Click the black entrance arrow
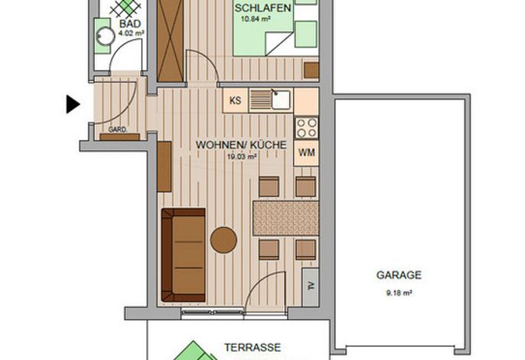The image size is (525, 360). pos(73,104)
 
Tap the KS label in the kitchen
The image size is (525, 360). pos(235,100)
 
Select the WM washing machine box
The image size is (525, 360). pos(306,153)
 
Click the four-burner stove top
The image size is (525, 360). pos(306,128)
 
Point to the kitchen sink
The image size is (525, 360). pos(281,100)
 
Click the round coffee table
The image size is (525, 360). pos(223,240)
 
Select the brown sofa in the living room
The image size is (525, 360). pos(183,255)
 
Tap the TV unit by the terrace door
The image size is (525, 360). pos(311,286)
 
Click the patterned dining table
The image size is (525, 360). pos(285,218)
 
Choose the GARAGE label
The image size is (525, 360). pos(399,275)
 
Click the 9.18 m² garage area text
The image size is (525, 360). pos(399,293)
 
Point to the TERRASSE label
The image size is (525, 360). pos(253,347)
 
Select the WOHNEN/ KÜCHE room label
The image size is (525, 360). pos(241,145)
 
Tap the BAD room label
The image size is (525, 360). pos(130,24)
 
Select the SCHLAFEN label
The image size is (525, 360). pos(262,8)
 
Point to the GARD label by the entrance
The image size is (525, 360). pos(117,129)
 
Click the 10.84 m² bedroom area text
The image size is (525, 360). pos(256,19)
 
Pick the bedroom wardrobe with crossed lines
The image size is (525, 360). pos(171,41)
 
